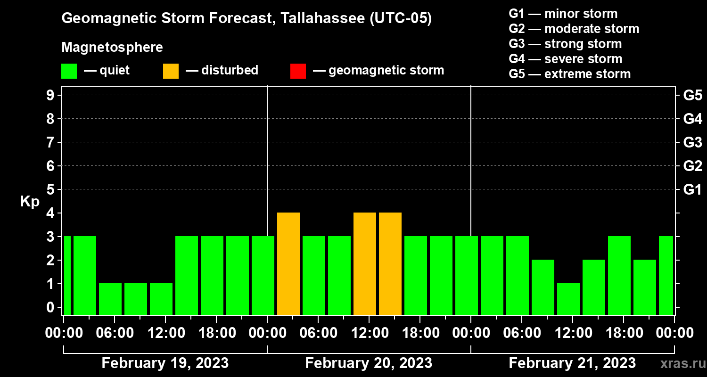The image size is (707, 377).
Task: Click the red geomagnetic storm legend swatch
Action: pyautogui.click(x=298, y=71)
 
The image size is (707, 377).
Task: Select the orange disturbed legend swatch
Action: pyautogui.click(x=171, y=71)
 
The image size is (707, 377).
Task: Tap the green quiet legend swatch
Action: pyautogui.click(x=69, y=71)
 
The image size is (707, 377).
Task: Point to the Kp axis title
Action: pyautogui.click(x=30, y=202)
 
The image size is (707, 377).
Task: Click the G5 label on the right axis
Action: pyautogui.click(x=692, y=95)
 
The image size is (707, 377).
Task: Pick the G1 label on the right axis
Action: pyautogui.click(x=692, y=189)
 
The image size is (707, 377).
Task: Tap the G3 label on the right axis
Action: pyautogui.click(x=692, y=142)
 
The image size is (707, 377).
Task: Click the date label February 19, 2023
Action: pyautogui.click(x=165, y=363)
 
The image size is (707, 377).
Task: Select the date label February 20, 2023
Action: pyautogui.click(x=369, y=363)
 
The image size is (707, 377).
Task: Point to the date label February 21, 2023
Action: pyautogui.click(x=572, y=363)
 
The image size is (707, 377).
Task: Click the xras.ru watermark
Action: pyautogui.click(x=679, y=364)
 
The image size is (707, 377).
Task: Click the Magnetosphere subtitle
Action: pyautogui.click(x=112, y=48)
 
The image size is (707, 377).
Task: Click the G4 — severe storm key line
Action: pyautogui.click(x=566, y=59)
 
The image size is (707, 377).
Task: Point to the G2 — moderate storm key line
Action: pyautogui.click(x=574, y=29)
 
